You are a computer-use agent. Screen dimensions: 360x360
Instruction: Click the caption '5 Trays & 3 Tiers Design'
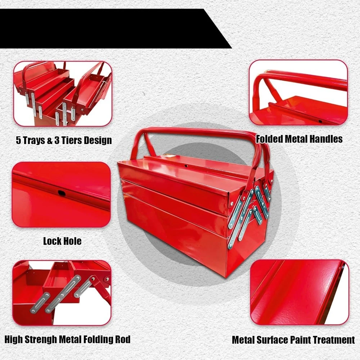64,140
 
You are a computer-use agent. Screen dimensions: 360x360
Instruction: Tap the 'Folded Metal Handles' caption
299,139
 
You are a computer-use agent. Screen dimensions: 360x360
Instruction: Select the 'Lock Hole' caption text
62,241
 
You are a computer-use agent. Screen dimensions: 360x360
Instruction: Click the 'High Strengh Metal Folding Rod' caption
67,339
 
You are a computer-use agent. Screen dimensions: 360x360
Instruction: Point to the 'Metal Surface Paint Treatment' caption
293,339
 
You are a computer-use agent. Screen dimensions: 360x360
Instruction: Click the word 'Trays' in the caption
37,140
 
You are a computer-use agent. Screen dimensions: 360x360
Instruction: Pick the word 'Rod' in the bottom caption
122,339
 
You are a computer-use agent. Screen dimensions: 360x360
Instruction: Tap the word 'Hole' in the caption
72,241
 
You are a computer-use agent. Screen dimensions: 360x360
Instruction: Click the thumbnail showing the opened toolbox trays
63,93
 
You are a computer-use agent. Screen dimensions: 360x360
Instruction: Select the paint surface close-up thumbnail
299,292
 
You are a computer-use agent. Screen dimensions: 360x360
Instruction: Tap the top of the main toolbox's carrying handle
202,132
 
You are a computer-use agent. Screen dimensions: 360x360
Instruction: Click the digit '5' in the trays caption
18,140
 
